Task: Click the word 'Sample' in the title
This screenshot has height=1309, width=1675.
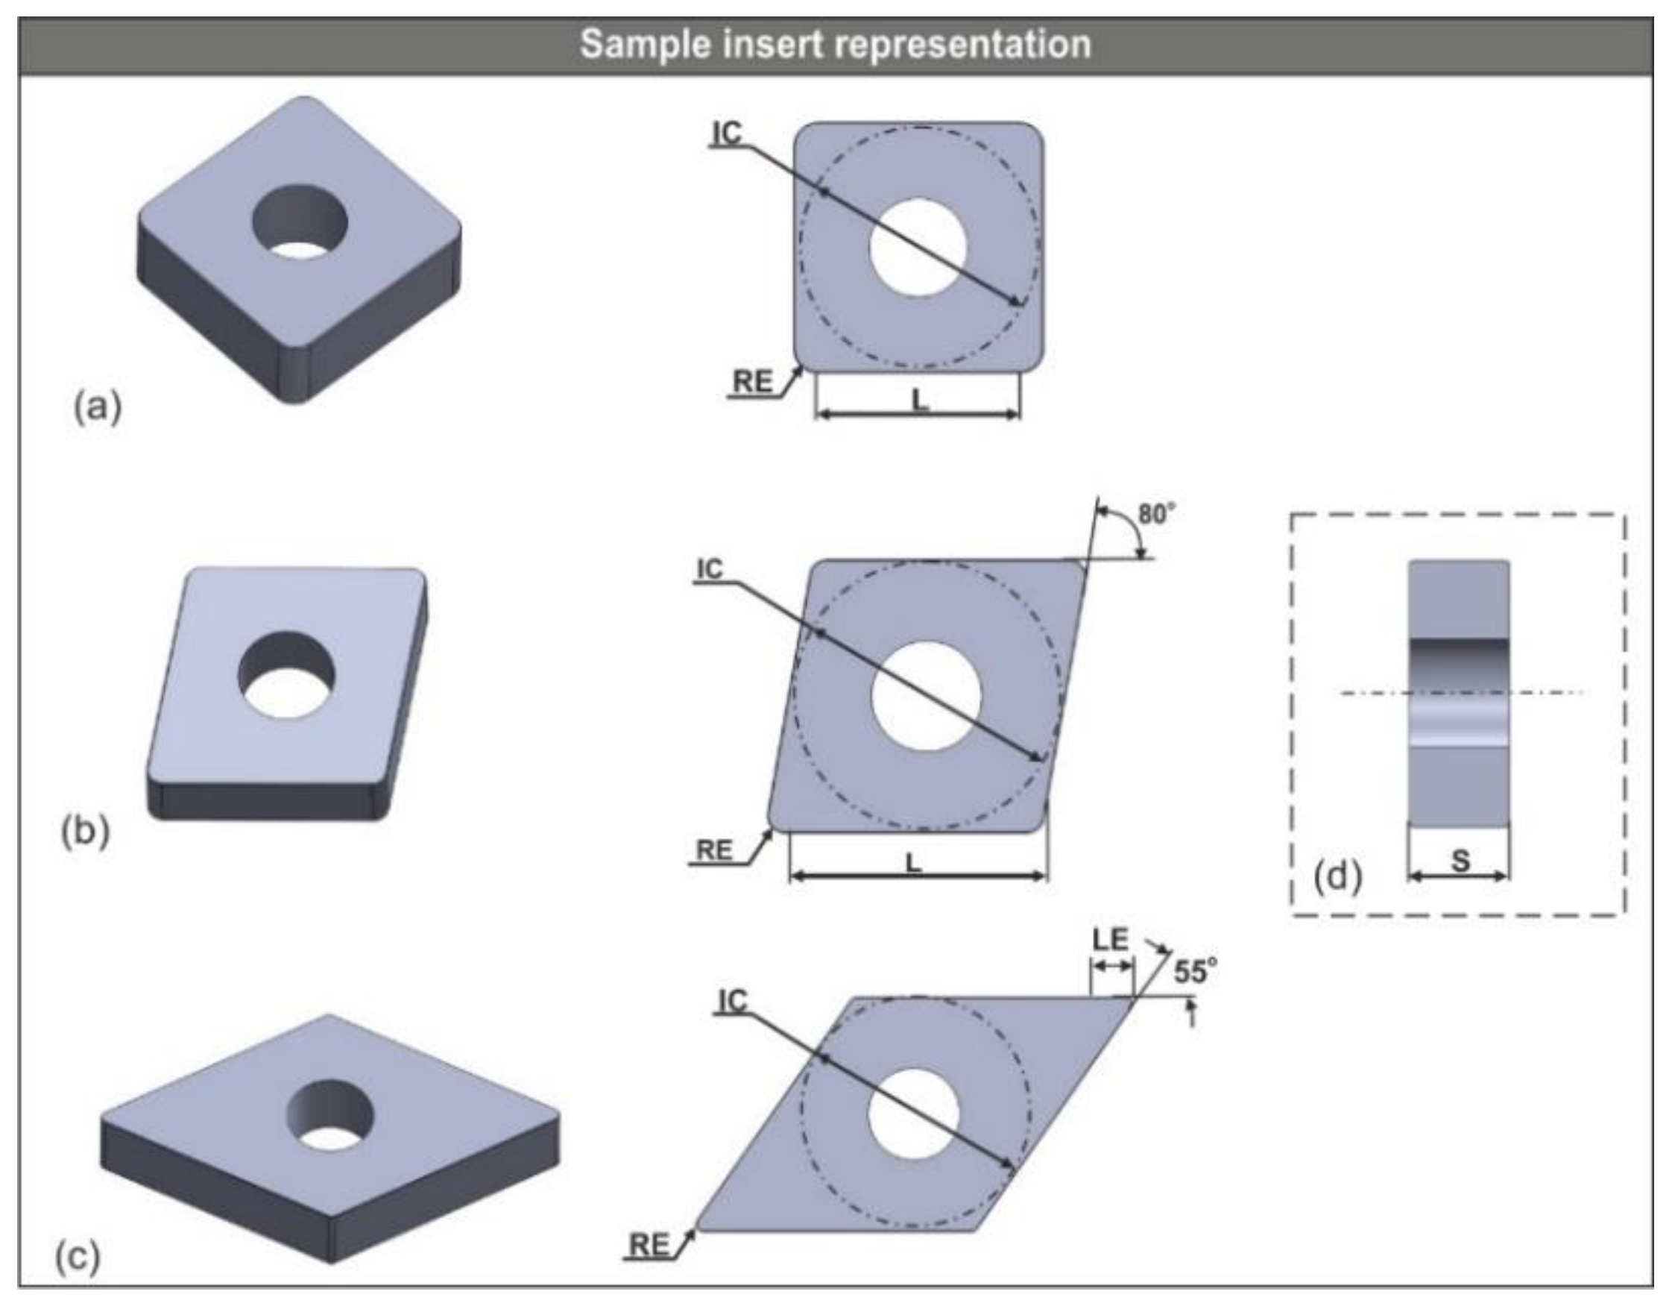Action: click(x=646, y=45)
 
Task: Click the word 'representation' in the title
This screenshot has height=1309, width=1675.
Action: click(x=962, y=45)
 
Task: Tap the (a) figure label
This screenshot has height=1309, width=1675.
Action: click(x=98, y=406)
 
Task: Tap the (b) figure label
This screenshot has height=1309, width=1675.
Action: click(x=85, y=831)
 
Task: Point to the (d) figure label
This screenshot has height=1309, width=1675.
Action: click(x=1337, y=876)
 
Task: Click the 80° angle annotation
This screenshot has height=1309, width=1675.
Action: click(x=1155, y=514)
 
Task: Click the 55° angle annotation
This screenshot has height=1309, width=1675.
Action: click(x=1194, y=972)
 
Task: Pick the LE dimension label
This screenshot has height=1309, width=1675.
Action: click(x=1111, y=940)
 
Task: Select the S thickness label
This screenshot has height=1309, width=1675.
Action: click(x=1460, y=861)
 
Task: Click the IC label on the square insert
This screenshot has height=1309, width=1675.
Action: click(x=727, y=134)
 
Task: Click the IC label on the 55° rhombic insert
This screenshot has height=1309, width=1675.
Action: click(x=733, y=1000)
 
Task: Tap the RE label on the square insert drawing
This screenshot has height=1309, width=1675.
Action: click(x=753, y=382)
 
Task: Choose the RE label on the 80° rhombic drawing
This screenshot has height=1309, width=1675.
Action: click(x=713, y=850)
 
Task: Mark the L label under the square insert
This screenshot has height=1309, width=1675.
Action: click(x=919, y=400)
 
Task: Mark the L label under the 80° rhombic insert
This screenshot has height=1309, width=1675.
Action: click(x=912, y=863)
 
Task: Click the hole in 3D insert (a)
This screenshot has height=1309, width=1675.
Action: click(x=300, y=222)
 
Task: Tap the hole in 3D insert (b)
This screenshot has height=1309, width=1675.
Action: click(x=287, y=675)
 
